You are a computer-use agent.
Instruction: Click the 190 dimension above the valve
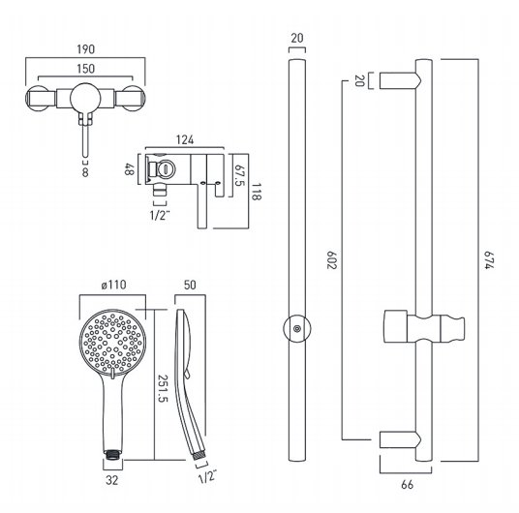point(86,49)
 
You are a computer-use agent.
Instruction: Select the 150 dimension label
point(86,69)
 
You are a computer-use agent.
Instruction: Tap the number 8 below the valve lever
point(85,172)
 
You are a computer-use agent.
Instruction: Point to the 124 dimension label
point(185,139)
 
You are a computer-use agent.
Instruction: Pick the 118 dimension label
point(256,192)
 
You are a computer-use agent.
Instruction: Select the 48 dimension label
point(129,169)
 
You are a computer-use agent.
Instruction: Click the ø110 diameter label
point(114,285)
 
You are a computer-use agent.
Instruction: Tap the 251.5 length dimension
point(163,388)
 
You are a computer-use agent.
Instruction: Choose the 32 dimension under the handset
point(112,480)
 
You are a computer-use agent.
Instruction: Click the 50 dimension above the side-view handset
point(190,285)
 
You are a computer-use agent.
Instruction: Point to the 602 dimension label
point(332,260)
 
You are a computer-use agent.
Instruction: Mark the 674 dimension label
point(489,260)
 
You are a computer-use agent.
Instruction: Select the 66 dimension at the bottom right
point(407,485)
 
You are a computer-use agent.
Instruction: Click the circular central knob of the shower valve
point(85,98)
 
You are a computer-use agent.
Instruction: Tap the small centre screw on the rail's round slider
point(297,329)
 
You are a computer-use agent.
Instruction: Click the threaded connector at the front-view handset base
point(113,454)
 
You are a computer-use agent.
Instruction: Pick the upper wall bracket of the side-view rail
point(401,80)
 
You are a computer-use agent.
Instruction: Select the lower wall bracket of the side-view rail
point(401,439)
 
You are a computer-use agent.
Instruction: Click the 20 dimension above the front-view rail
point(297,38)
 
